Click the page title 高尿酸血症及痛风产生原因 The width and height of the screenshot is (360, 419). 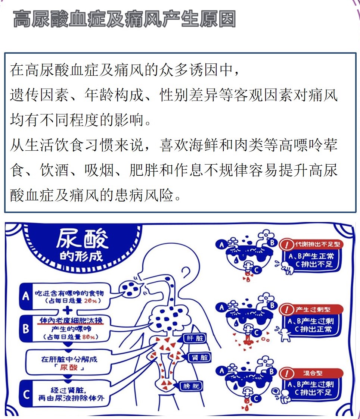124,19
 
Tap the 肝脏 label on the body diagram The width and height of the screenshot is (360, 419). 195,338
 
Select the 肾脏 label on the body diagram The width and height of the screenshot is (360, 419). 200,357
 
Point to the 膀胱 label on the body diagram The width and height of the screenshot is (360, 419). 191,386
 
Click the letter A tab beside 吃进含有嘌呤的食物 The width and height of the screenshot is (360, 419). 26,296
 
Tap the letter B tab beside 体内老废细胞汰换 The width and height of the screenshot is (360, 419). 26,328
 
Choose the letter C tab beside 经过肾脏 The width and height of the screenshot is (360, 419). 26,394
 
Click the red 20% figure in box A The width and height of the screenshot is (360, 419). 90,301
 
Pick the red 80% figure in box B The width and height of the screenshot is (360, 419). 89,337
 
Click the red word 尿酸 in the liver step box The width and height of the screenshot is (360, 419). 69,368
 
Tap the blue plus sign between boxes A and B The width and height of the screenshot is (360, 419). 67,310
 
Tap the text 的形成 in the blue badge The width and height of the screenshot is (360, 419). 81,256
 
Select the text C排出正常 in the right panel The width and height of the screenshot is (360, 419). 313,329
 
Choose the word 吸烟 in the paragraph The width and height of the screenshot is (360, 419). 99,170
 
